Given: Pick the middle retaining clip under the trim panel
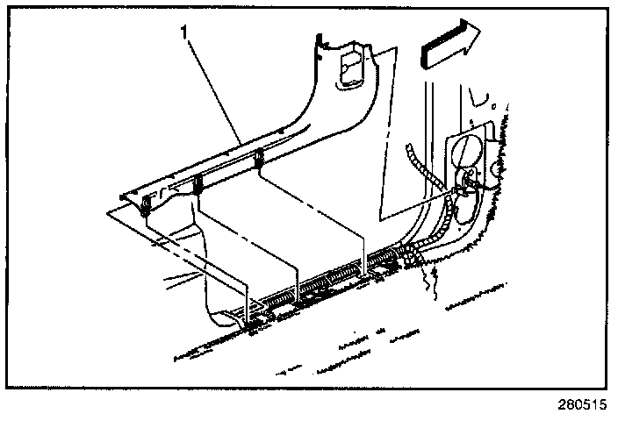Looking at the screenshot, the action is point(198,185).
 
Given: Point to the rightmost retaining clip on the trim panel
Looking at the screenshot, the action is point(261,159).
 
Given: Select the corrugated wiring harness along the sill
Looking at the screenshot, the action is point(334,279).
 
